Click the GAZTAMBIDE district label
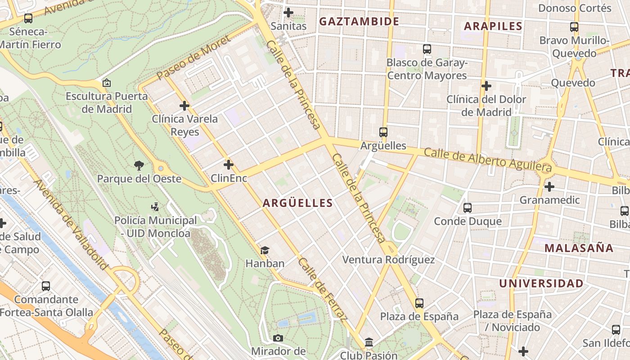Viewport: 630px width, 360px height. coord(359,21)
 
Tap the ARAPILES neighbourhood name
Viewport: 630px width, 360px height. coord(493,26)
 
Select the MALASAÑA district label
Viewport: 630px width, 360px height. coord(579,248)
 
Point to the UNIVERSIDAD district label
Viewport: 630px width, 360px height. coord(541,283)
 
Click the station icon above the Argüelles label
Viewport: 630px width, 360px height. coord(383,132)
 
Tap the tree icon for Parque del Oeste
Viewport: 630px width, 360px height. coord(139,166)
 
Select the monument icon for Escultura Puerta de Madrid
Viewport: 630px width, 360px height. coord(107,83)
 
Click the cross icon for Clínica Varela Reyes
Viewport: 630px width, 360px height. coord(184,106)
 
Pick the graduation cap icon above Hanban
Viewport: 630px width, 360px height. coord(265,250)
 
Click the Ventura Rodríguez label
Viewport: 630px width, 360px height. coord(388,260)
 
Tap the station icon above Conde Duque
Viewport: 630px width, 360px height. coord(468,208)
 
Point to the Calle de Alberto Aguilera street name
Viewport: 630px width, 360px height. coord(488,159)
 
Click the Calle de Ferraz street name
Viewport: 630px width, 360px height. coord(323,290)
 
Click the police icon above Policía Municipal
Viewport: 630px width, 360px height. coord(155,207)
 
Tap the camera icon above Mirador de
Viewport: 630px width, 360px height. coord(278,338)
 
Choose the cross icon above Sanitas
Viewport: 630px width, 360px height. coord(288,13)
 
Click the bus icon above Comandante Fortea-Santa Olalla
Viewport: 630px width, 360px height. coord(46,286)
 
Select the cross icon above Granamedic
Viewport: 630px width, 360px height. coord(549,186)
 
